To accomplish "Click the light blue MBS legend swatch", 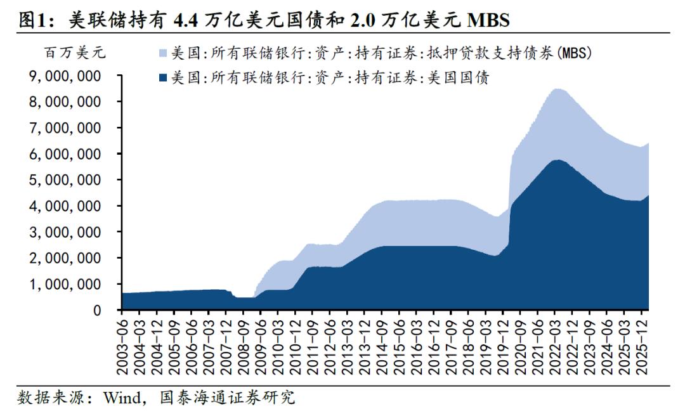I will click(163, 54).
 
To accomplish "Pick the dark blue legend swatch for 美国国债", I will click(163, 79).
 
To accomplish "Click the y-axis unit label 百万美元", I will click(75, 53).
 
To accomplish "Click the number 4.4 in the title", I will click(188, 21).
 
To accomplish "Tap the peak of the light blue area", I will click(558, 89).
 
